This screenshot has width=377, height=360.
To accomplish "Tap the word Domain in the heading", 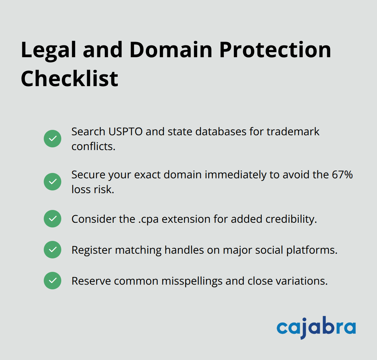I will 171,50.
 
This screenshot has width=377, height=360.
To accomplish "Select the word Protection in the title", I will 275,50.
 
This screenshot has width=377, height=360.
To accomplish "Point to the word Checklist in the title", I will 69,79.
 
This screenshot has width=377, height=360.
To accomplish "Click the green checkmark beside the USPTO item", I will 53,139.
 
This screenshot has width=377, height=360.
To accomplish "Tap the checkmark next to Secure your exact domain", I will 53,182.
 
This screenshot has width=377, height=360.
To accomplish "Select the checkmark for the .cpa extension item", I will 53,219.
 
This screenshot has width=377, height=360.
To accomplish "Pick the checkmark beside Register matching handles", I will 53,250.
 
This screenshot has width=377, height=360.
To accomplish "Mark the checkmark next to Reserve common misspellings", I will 53,281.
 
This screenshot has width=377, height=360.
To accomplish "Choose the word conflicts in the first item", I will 93,146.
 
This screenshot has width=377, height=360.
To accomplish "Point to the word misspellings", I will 191,281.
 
